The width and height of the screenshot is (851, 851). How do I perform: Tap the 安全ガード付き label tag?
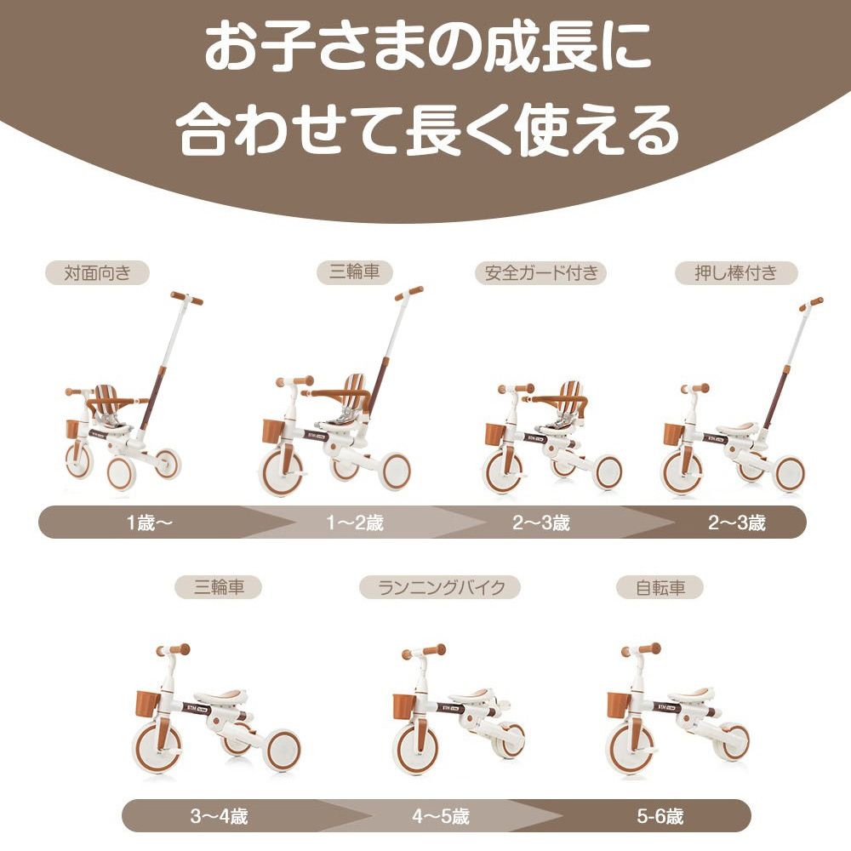540,273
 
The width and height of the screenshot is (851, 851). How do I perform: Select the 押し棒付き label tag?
737,273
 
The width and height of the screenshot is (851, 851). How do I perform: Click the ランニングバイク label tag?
439,587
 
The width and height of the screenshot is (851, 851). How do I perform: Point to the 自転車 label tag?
660,587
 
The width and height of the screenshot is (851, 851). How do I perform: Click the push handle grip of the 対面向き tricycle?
186,298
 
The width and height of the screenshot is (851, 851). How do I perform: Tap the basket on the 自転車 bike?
619,705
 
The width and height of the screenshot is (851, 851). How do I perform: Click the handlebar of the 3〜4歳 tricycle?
174,649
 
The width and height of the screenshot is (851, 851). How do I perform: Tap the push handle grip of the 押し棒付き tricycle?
811,303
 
